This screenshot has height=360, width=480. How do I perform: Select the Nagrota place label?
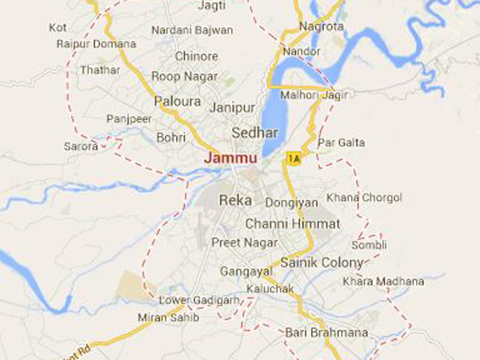point(321,26)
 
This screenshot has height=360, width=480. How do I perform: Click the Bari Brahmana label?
point(326,332)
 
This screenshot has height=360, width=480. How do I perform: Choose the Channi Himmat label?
point(292,223)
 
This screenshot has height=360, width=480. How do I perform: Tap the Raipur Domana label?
point(96,43)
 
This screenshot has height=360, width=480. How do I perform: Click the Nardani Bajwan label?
point(191,30)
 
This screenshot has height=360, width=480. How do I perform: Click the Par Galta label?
point(342,142)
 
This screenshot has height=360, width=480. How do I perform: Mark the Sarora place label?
point(82,146)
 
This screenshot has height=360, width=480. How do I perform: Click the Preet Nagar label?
point(244,242)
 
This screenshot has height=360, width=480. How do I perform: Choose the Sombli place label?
point(373,244)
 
